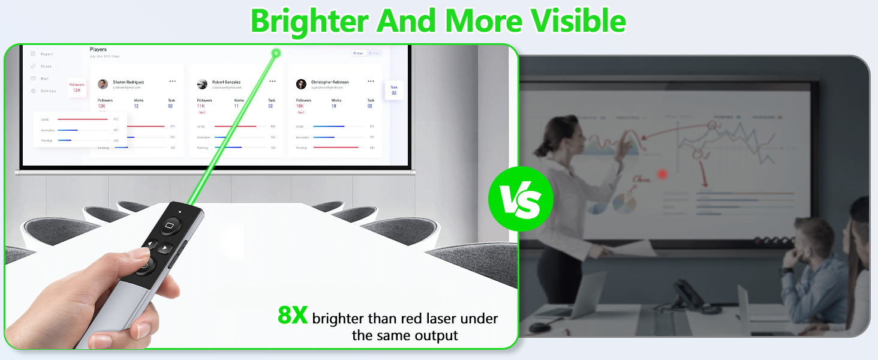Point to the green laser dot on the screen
[276, 53]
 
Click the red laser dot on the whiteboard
[663, 174]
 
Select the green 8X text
[293, 315]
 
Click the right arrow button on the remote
[166, 247]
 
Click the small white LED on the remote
[180, 212]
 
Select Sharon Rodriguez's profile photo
[103, 84]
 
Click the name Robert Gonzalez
[226, 82]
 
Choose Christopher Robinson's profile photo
[301, 84]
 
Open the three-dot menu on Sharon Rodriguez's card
[173, 81]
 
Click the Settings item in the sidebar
[48, 91]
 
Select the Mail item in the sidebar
[44, 79]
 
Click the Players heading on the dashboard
[98, 49]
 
